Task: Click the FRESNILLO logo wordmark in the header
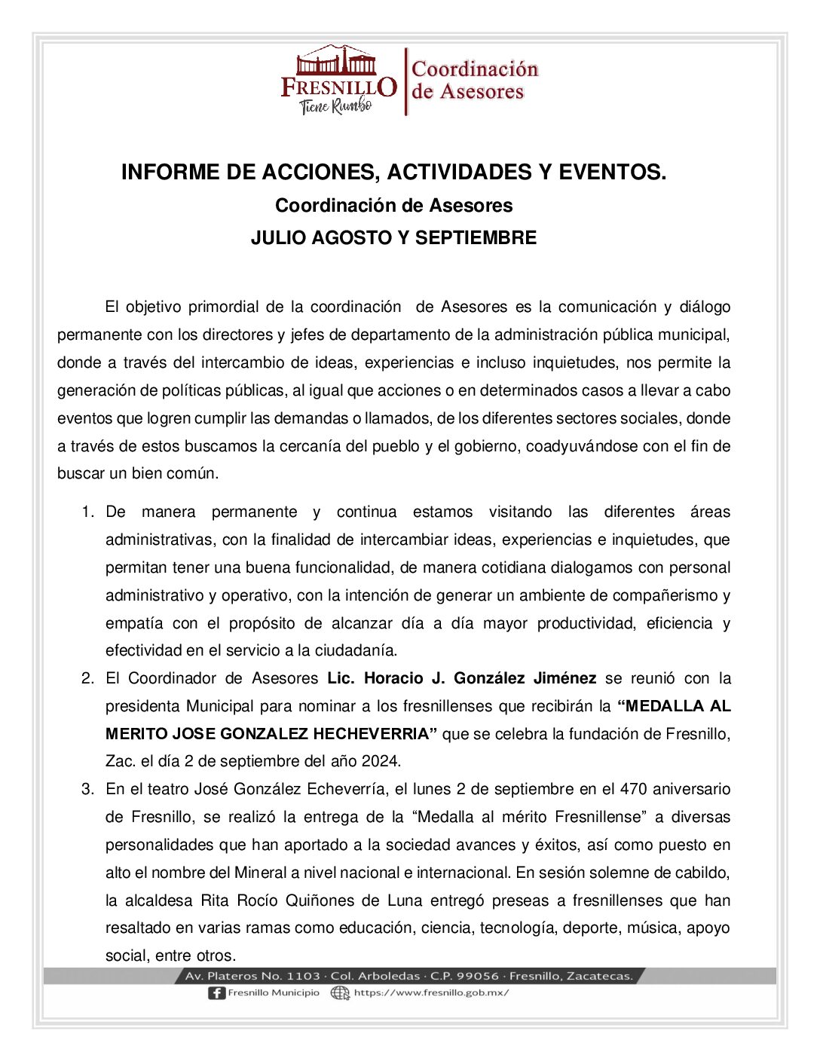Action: pyautogui.click(x=338, y=87)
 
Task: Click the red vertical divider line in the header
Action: pyautogui.click(x=405, y=81)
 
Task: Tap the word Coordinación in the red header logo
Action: pyautogui.click(x=475, y=69)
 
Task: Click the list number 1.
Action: pyautogui.click(x=87, y=512)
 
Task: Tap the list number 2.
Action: pyautogui.click(x=87, y=679)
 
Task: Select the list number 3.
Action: pyautogui.click(x=87, y=790)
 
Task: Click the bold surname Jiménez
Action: pyautogui.click(x=565, y=679)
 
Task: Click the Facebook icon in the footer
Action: pyautogui.click(x=216, y=993)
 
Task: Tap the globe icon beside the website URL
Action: pyautogui.click(x=340, y=993)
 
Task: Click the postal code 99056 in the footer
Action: pyautogui.click(x=477, y=977)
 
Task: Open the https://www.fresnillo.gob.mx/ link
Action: pyautogui.click(x=431, y=993)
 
